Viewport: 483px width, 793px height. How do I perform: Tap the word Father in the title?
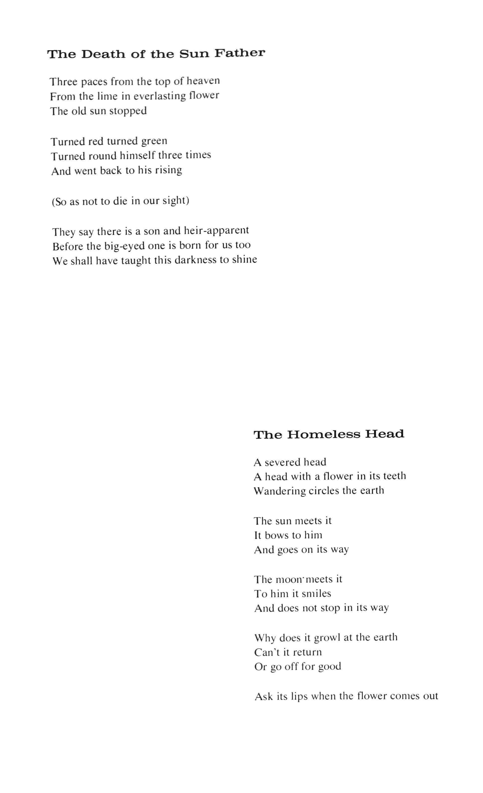pos(240,53)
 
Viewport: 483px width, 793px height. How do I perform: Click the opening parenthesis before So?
pos(53,202)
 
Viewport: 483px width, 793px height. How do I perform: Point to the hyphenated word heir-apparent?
pos(216,230)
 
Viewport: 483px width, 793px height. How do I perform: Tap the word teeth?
pos(395,476)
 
